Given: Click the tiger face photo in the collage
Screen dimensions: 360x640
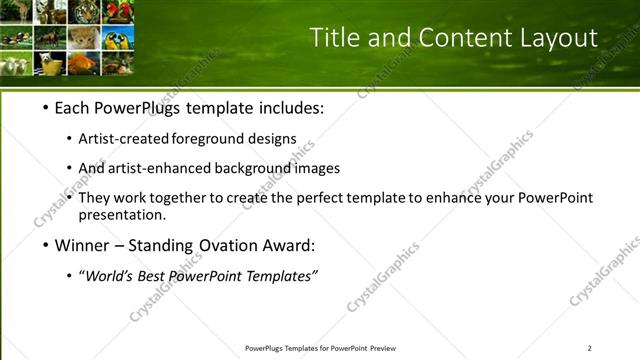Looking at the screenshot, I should pos(84,13).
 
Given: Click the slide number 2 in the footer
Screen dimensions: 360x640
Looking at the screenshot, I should pos(590,348).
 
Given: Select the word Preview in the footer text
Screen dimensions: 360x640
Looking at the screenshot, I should pos(383,348).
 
